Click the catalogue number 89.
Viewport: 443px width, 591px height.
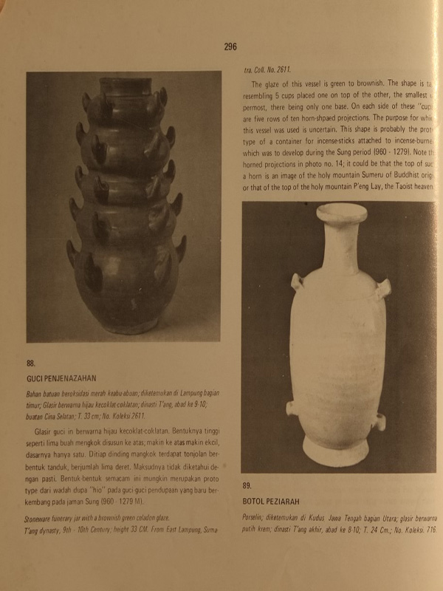[248, 485]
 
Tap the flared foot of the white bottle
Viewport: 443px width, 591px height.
[339, 457]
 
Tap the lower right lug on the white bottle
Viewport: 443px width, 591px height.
[381, 421]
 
